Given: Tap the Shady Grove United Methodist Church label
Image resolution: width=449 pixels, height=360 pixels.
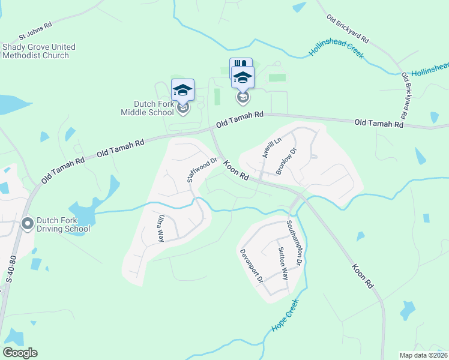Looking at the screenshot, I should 39,51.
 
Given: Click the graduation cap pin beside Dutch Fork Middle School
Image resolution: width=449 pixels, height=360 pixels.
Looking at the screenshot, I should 183,91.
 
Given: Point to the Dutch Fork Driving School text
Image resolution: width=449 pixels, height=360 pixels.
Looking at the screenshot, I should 63,224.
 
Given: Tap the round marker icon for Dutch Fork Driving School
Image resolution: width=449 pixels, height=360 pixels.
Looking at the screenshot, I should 27,224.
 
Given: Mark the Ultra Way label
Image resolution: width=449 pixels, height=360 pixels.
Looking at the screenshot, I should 161,228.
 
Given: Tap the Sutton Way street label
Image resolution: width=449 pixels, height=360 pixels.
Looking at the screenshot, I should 283,264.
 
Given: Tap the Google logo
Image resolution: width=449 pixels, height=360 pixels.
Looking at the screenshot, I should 20,353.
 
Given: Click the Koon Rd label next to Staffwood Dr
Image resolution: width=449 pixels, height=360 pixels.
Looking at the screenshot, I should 237,170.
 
